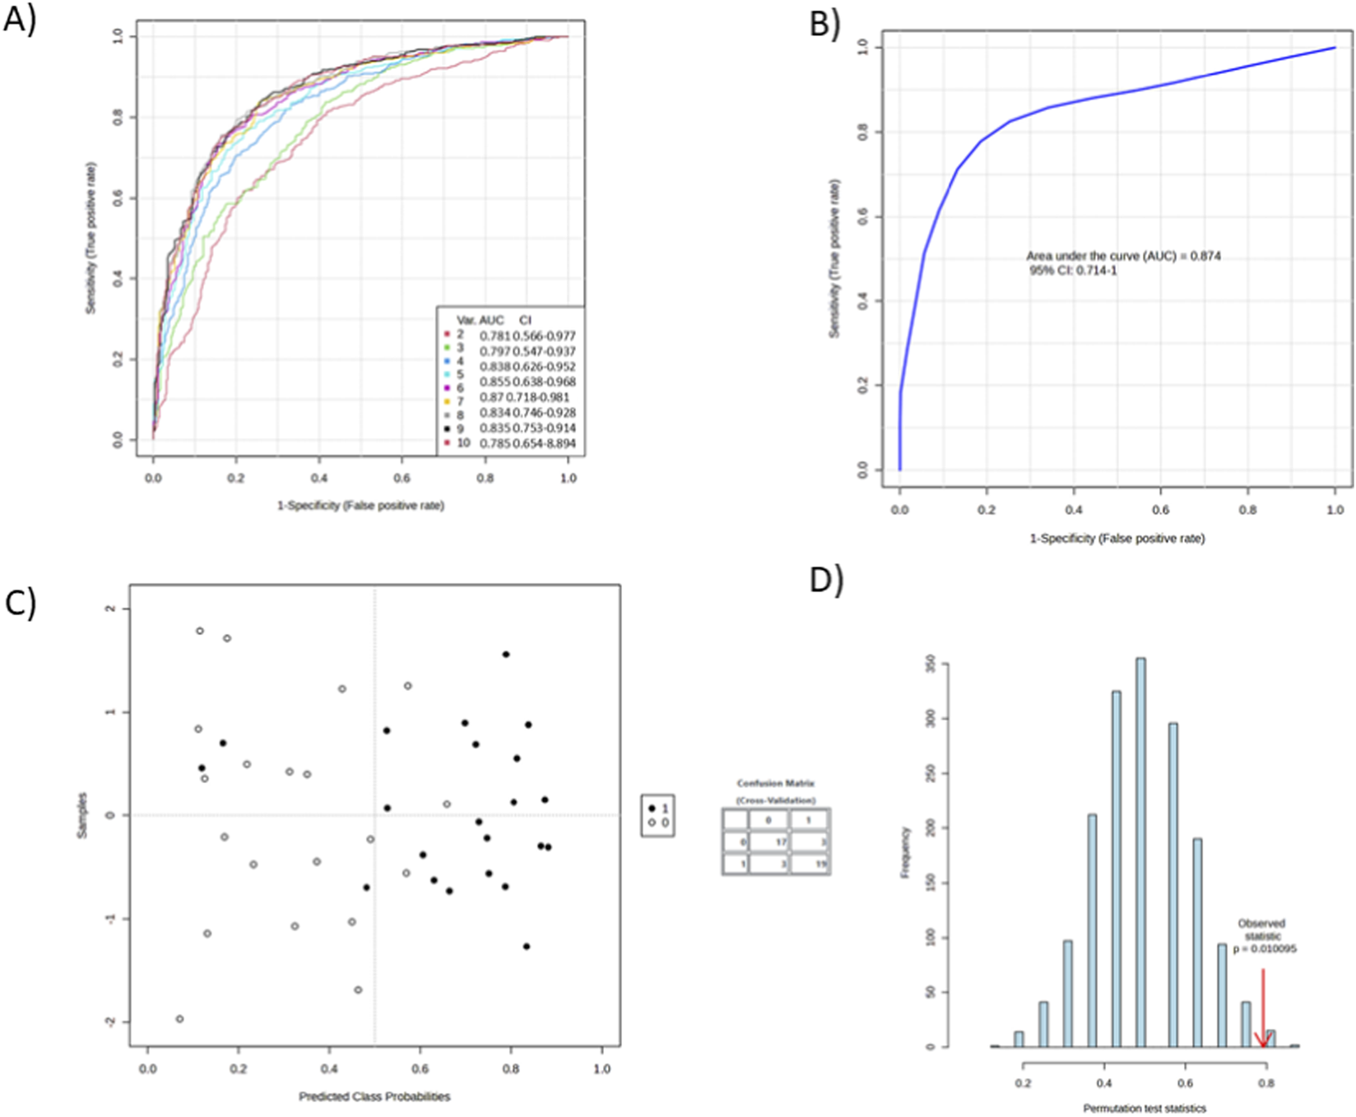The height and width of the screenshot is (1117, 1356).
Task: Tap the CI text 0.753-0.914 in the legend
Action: coord(544,428)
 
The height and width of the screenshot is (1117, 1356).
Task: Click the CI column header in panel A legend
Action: coord(525,320)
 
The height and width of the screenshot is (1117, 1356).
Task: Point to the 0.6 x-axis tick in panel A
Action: coord(402,478)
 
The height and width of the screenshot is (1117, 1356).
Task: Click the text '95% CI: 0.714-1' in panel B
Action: coord(1073,271)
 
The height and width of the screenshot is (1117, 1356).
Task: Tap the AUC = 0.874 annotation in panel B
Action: coord(1123,256)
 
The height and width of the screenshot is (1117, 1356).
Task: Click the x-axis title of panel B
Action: coord(1117,538)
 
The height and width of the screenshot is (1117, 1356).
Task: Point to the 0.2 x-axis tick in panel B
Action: coord(987,510)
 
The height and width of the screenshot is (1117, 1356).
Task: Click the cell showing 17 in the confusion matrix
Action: coord(769,842)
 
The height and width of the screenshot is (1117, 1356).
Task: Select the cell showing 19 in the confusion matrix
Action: coord(810,864)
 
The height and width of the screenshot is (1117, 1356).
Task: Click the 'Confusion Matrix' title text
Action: coord(775,784)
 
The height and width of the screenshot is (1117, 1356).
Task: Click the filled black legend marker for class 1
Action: coord(652,809)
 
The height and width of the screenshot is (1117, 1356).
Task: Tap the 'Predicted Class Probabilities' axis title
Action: coord(374,1096)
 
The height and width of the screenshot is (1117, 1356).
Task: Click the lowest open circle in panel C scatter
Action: coord(179,1019)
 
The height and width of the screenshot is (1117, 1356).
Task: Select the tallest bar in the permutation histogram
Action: coord(1140,851)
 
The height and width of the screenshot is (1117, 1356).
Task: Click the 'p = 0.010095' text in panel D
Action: coord(1264,948)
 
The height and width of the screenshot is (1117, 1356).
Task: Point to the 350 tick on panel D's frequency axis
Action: coord(931,663)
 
